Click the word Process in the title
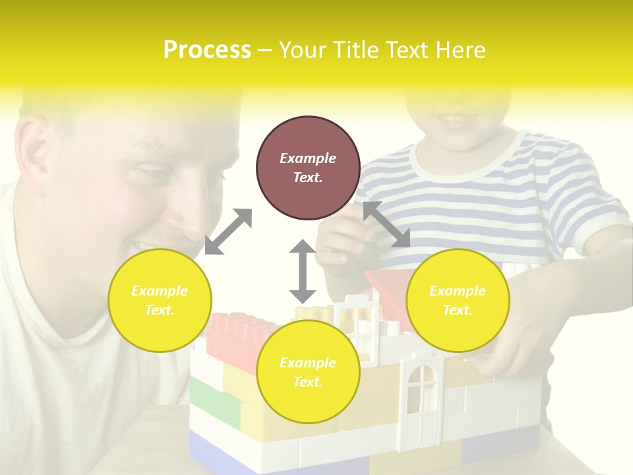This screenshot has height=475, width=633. (207, 50)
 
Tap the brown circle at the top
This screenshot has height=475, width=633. (308, 168)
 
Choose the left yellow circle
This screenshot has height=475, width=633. (160, 300)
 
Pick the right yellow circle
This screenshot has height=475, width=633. (457, 300)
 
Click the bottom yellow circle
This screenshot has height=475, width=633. (308, 372)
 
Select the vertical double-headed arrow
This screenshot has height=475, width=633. (303, 271)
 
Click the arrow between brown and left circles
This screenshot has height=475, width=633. (228, 232)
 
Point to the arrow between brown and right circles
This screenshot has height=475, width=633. (386, 225)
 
